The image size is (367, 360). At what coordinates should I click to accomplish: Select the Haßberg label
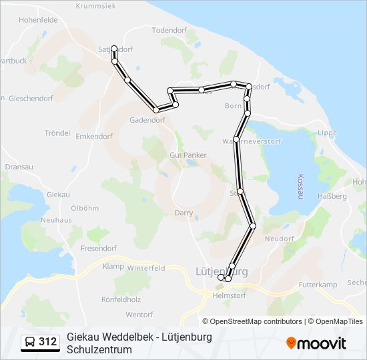333,197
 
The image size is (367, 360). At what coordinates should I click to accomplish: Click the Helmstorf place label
230,295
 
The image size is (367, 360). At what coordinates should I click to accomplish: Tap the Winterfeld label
146,268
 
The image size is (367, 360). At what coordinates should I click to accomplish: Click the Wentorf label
139,314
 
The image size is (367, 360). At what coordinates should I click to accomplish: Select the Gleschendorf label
31,98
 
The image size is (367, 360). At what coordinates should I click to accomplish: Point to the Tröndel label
57,133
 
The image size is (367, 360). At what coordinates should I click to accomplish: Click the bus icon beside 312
30,343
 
